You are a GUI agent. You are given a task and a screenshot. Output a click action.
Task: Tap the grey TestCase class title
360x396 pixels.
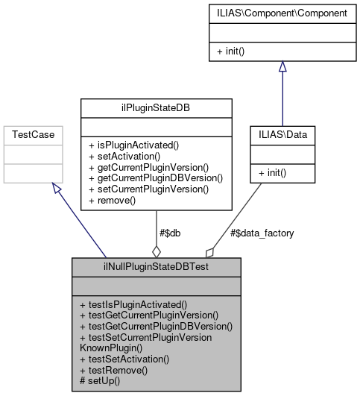tap(31, 135)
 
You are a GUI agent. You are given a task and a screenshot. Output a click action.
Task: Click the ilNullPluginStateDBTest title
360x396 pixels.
tap(156, 266)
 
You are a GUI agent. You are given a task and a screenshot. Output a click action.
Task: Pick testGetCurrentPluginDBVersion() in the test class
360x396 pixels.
tap(156, 326)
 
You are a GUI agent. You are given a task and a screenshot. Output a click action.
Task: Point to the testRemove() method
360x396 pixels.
tap(113, 370)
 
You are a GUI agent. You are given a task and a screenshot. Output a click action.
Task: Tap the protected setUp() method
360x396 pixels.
tap(101, 381)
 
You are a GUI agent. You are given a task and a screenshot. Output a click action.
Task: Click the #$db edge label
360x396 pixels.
tap(170, 233)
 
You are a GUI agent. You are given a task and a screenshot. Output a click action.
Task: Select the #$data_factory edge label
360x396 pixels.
tap(262, 233)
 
